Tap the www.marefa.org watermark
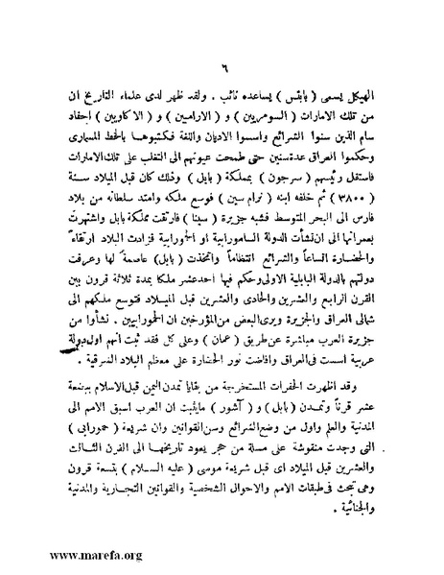tap(63, 554)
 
